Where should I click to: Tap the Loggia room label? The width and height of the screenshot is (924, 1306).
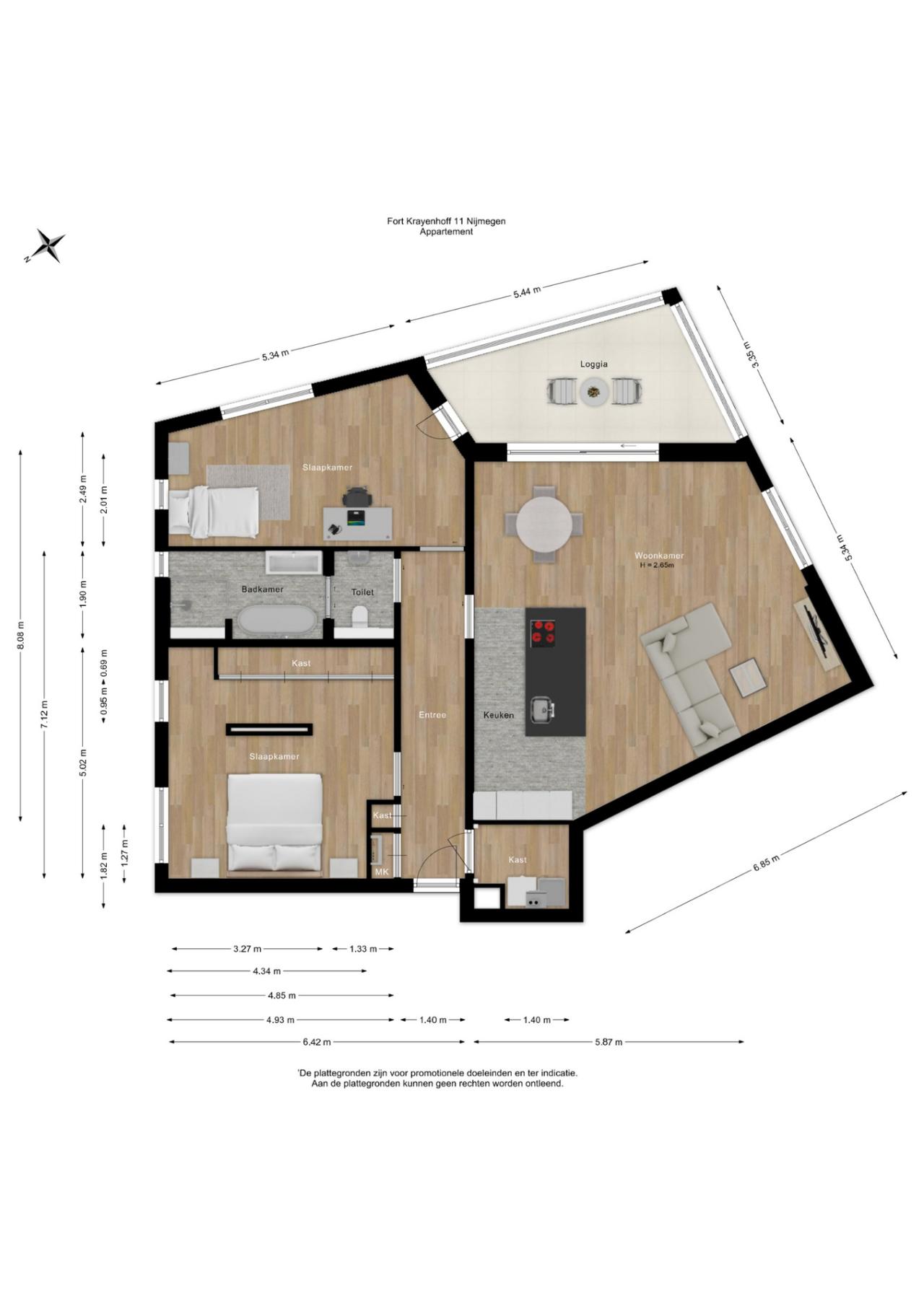[x=593, y=364]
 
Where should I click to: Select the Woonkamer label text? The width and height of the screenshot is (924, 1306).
[x=659, y=556]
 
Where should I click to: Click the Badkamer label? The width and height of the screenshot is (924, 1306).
[x=262, y=590]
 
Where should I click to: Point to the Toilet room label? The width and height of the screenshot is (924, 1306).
[x=362, y=592]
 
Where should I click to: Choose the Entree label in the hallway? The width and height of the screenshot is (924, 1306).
[x=432, y=715]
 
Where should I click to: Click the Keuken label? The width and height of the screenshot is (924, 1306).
[x=499, y=715]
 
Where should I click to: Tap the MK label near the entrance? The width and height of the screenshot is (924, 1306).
[x=382, y=872]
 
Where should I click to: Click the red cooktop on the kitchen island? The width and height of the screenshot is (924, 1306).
[x=544, y=633]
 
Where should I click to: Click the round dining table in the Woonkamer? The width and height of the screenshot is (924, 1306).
[x=543, y=523]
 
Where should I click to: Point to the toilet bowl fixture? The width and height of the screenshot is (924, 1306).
[x=359, y=618]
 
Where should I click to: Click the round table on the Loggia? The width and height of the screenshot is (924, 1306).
[x=594, y=392]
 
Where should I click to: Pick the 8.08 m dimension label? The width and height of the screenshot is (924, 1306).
[x=21, y=635]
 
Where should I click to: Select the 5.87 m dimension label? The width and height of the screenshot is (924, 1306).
[x=609, y=1042]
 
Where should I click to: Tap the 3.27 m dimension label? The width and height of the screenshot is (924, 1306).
[x=247, y=949]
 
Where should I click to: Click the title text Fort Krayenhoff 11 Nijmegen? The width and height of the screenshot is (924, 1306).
[x=446, y=222]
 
